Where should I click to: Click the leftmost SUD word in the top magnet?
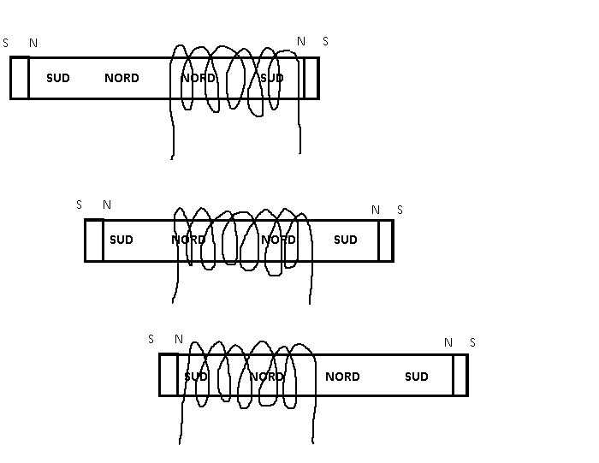point(58,78)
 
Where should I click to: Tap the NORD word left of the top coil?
point(122,78)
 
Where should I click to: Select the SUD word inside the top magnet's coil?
point(271,78)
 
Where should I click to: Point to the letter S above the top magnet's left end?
point(6,42)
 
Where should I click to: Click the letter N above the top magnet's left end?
point(33,42)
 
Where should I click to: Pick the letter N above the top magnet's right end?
point(300,41)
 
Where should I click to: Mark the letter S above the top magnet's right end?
point(325,41)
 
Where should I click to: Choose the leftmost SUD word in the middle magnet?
point(122,240)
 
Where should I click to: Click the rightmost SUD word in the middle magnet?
point(346,240)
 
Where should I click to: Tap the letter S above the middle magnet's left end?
point(80,205)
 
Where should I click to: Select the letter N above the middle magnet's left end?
point(107,205)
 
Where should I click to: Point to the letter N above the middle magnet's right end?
point(376,210)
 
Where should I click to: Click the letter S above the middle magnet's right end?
point(400,210)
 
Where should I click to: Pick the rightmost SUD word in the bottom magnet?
point(417,377)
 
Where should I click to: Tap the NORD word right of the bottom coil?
point(342,377)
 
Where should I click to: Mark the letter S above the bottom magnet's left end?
point(151,339)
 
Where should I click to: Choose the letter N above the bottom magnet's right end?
point(448,342)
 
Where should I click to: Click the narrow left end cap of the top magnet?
point(20,78)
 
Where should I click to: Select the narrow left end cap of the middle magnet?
point(94,240)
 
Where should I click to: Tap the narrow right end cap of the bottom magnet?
point(460,375)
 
